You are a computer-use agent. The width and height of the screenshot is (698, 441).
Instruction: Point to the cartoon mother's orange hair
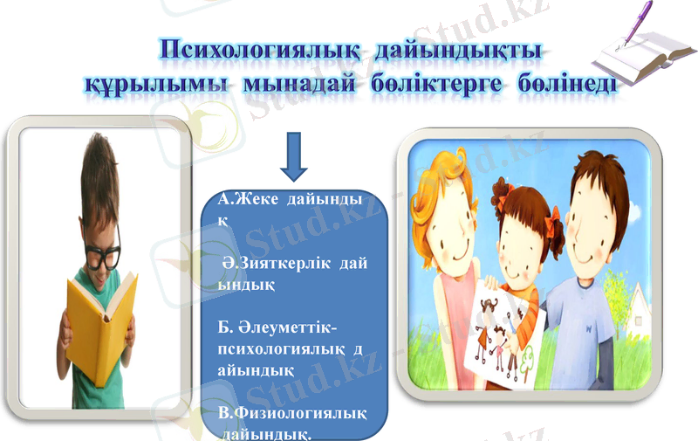(436, 175)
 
